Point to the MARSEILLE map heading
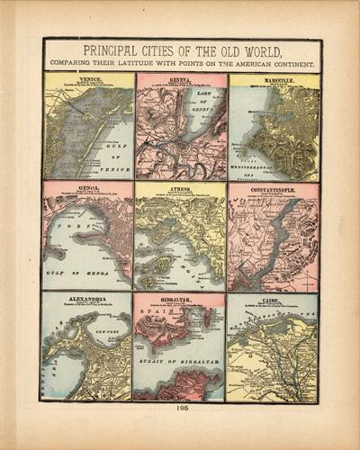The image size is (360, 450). point(274,79)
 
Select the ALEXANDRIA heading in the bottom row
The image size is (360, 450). point(87,299)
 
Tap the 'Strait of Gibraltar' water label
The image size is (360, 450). point(178,362)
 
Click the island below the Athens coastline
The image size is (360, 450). point(158,264)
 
